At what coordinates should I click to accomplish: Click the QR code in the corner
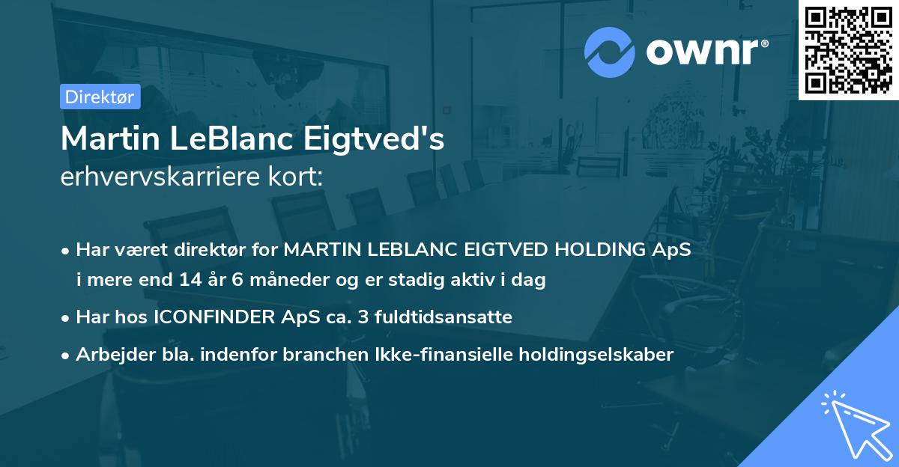click(848, 50)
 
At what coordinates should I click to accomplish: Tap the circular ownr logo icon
click(610, 52)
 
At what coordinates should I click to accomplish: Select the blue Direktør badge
click(100, 97)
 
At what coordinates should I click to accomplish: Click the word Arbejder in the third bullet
click(111, 355)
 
